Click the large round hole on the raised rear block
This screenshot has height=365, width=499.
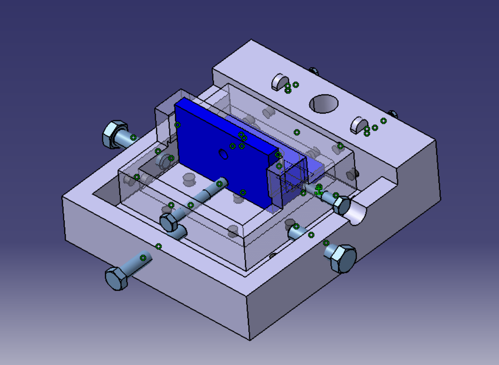coord(324,104)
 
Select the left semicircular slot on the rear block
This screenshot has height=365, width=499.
coord(279,81)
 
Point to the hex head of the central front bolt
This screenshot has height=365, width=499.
coord(170,222)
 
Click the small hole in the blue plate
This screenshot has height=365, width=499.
coord(224,154)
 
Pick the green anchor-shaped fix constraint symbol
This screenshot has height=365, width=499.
coord(319,189)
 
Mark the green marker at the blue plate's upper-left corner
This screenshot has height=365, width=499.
coord(178,125)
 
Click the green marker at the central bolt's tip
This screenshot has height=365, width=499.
coord(219,184)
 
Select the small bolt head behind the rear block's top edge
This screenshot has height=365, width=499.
coord(314,71)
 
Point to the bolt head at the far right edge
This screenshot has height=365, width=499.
coord(392,113)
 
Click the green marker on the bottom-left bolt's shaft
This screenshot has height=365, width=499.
coord(143,258)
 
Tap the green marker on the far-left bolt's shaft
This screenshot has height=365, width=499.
coord(133,138)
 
